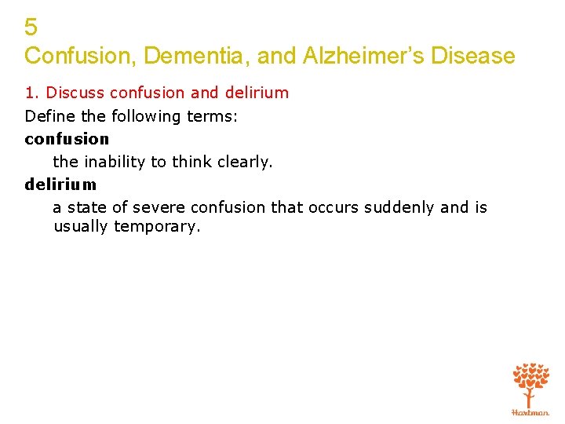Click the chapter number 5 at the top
click(31, 27)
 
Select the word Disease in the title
click(474, 57)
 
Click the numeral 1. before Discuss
click(32, 93)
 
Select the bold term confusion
click(67, 139)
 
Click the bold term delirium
click(61, 185)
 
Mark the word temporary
click(157, 226)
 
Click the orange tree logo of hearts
click(530, 385)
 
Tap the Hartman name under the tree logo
click(530, 411)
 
